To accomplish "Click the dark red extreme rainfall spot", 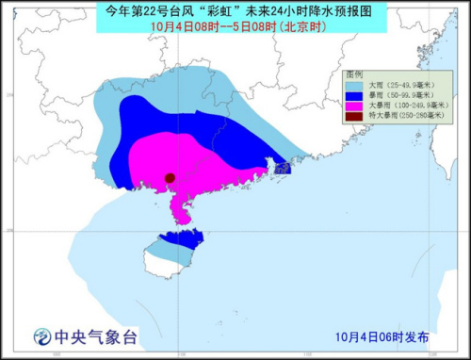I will click(171, 178).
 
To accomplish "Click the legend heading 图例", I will click(354, 74).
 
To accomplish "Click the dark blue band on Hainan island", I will click(178, 239).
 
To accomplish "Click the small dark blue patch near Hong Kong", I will click(282, 168).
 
